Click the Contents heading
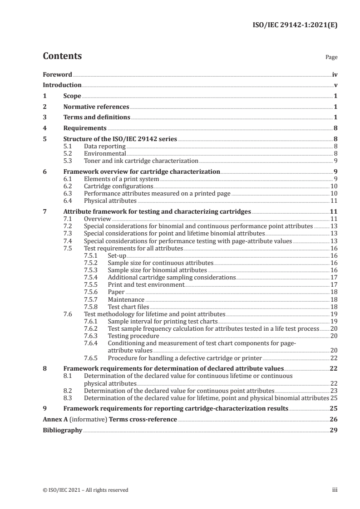click(x=62, y=56)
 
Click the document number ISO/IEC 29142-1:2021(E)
click(x=295, y=27)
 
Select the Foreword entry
click(x=57, y=74)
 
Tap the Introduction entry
click(x=62, y=85)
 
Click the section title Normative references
click(x=96, y=107)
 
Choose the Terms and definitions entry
click(x=97, y=117)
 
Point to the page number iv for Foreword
click(x=335, y=74)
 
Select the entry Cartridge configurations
click(x=118, y=186)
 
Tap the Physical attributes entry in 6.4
click(x=110, y=201)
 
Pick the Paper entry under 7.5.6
click(x=116, y=293)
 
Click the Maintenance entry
click(x=126, y=300)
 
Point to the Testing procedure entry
click(x=133, y=336)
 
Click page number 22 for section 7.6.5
click(x=333, y=357)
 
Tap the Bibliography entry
click(x=62, y=430)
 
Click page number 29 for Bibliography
click(x=334, y=430)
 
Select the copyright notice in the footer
click(x=85, y=490)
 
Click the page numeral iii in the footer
click(x=335, y=490)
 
